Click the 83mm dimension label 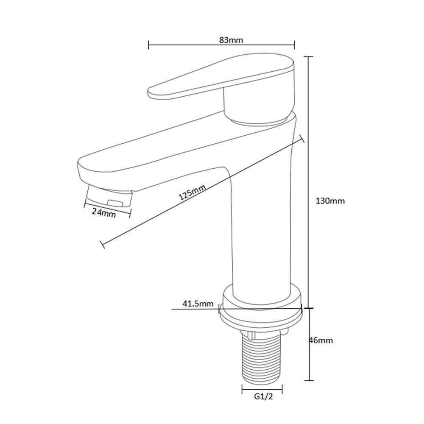tap(231, 40)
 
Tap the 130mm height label tap(330, 201)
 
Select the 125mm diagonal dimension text tap(192, 192)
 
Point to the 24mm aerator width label tap(104, 213)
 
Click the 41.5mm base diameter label tap(198, 304)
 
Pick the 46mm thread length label tap(321, 340)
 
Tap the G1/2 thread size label tap(263, 396)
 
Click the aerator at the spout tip tap(109, 196)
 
